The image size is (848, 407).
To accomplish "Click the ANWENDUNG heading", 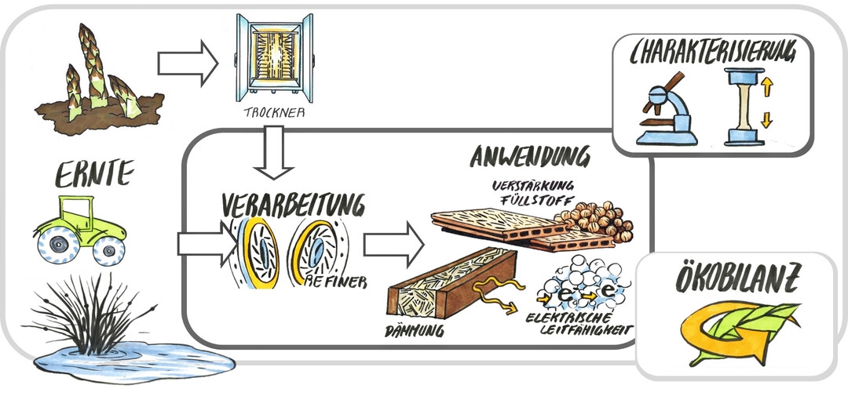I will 530,156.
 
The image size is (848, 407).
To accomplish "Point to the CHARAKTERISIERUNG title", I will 713,53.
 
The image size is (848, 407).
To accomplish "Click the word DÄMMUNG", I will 416,331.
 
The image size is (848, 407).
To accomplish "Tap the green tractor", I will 79,229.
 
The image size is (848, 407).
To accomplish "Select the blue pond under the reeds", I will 133,360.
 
